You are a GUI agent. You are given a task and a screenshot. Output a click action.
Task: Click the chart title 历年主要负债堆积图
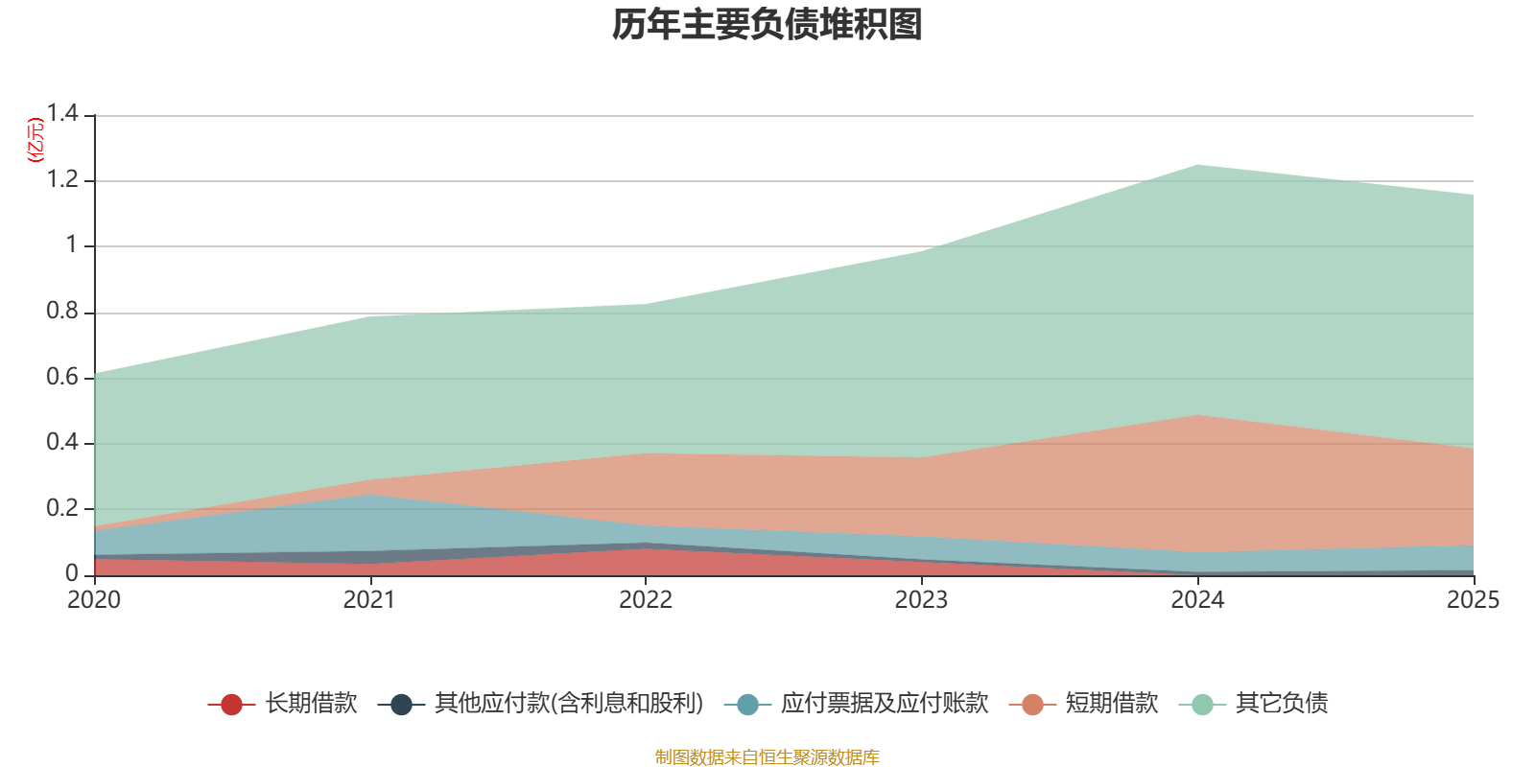point(767,25)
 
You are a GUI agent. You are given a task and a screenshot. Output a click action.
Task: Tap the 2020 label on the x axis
point(94,600)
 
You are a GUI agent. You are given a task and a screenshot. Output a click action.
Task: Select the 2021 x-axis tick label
point(369,600)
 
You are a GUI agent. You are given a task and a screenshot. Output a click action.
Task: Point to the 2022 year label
point(646,600)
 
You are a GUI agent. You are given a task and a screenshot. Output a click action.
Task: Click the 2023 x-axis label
point(922,600)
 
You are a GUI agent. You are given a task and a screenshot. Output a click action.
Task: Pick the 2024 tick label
point(1197,600)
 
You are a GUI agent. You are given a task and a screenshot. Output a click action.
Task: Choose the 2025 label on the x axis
point(1474,600)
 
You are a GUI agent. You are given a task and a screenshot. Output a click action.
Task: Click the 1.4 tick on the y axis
point(62,113)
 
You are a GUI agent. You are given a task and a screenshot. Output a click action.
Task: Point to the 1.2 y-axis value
point(62,179)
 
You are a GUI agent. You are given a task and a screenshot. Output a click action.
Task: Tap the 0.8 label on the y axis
point(62,311)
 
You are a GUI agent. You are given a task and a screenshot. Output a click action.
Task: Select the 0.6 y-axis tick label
point(62,377)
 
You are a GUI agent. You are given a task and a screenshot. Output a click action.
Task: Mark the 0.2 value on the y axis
point(62,508)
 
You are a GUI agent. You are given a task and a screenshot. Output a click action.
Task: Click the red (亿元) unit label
point(35,140)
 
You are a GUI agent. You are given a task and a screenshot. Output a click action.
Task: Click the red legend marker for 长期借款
point(231,704)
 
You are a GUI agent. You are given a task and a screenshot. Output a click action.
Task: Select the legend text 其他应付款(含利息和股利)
point(570,704)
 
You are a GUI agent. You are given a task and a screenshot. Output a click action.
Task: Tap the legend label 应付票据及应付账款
point(885,704)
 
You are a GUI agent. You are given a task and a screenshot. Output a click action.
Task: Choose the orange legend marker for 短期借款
point(1032,704)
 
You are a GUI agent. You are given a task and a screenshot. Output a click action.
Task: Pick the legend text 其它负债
point(1282,704)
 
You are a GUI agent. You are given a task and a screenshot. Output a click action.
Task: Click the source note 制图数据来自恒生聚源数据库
point(767,756)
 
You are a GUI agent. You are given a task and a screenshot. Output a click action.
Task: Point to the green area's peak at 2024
point(1198,165)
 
